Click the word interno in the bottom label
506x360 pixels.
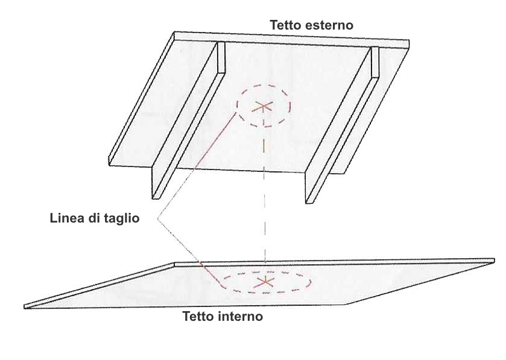(242, 316)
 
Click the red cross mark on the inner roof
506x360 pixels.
(265, 282)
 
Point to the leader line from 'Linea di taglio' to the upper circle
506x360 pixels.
(195, 165)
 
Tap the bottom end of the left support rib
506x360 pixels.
(156, 197)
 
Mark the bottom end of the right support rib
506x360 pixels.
(309, 201)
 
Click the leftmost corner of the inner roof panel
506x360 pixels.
(25, 307)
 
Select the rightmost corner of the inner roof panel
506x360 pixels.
(494, 261)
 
